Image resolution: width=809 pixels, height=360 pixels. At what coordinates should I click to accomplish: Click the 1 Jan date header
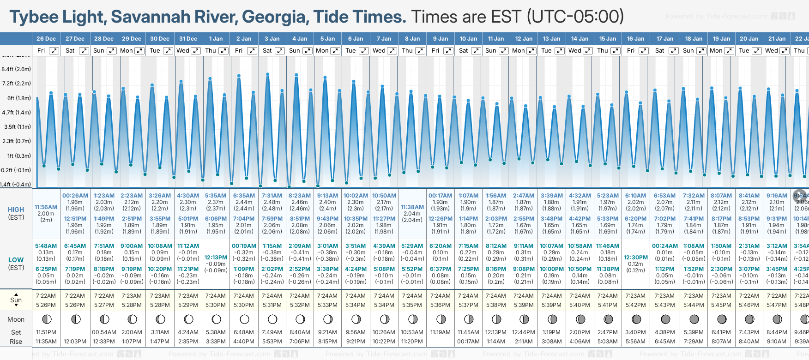[216, 39]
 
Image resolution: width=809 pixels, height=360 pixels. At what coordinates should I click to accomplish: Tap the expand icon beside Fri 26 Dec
[54, 51]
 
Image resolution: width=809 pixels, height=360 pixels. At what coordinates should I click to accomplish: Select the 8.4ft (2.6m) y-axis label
[16, 69]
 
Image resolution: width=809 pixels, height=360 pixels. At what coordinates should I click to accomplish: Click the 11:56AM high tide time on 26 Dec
[46, 207]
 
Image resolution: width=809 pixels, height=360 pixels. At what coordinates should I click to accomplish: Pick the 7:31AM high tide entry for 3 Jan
[272, 196]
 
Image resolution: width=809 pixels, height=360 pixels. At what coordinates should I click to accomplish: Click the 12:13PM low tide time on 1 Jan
[216, 258]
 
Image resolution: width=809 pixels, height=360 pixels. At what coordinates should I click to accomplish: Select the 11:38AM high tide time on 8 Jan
[412, 207]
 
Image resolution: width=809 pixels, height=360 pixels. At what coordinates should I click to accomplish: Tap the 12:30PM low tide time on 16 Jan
[636, 258]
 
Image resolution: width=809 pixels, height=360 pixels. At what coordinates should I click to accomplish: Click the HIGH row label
[16, 210]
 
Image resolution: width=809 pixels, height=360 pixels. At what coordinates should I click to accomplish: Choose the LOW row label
[16, 260]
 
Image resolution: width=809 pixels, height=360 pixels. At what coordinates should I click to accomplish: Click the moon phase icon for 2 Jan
[244, 319]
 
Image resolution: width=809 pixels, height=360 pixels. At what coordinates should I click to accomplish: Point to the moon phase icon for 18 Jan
[694, 319]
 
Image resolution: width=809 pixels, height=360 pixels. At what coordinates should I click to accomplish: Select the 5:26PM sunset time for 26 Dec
[46, 305]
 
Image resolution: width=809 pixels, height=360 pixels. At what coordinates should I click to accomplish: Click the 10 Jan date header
[468, 39]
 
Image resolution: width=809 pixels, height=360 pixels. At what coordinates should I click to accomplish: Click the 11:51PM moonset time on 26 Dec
[46, 332]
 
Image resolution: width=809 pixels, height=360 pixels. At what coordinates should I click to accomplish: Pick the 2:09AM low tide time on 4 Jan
[300, 246]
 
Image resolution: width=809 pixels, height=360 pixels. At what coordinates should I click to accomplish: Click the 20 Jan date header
[749, 39]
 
